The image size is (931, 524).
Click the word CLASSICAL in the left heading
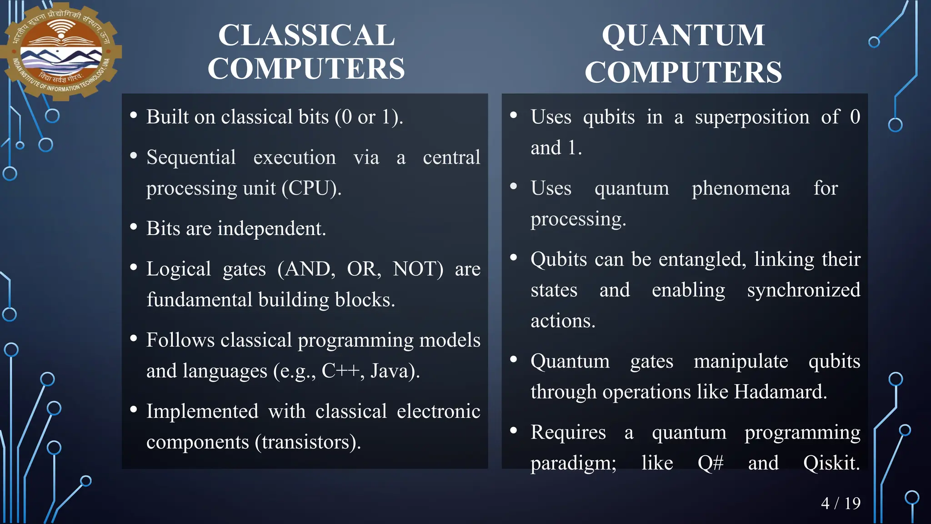(x=306, y=35)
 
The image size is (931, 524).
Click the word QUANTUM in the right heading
(x=683, y=35)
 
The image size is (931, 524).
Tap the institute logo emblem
(x=61, y=51)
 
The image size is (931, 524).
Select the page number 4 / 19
(x=841, y=503)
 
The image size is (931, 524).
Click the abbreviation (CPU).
(x=311, y=188)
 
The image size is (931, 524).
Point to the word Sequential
(x=191, y=157)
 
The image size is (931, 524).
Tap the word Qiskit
(x=831, y=463)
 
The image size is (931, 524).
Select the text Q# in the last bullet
(x=711, y=463)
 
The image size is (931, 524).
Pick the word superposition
(x=752, y=117)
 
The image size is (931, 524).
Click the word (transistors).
(x=308, y=442)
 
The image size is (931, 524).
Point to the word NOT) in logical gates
(x=418, y=269)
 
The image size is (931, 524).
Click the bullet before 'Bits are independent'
(x=134, y=227)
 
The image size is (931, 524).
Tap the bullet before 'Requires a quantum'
(x=514, y=430)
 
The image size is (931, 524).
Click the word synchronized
(x=803, y=290)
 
